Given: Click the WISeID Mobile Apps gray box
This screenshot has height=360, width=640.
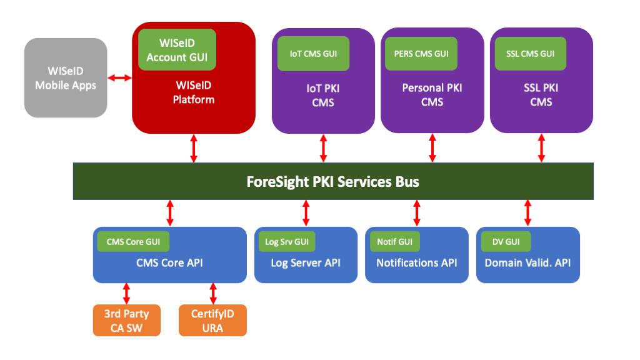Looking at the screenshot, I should [66, 77].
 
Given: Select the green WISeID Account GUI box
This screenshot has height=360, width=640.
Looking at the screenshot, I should [177, 49].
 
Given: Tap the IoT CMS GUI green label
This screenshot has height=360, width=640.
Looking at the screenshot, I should [313, 53].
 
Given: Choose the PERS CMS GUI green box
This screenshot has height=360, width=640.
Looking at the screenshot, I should [422, 53].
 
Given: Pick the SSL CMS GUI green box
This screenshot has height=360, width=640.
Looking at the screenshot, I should [530, 53].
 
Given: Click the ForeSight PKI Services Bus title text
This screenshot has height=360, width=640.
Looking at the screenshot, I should [332, 182].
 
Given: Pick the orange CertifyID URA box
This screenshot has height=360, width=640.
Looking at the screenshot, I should [212, 319].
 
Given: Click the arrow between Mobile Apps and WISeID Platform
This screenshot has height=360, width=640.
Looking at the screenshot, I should [119, 78].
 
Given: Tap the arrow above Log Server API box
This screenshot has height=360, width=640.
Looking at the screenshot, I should [306, 212].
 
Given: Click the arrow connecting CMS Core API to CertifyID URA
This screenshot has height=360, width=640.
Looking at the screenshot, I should [212, 293].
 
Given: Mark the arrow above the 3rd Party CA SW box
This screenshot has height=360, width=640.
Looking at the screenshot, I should [127, 293].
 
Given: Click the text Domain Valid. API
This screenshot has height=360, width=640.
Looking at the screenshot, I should [527, 263].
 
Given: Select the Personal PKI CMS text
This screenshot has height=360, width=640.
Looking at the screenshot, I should [432, 95].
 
